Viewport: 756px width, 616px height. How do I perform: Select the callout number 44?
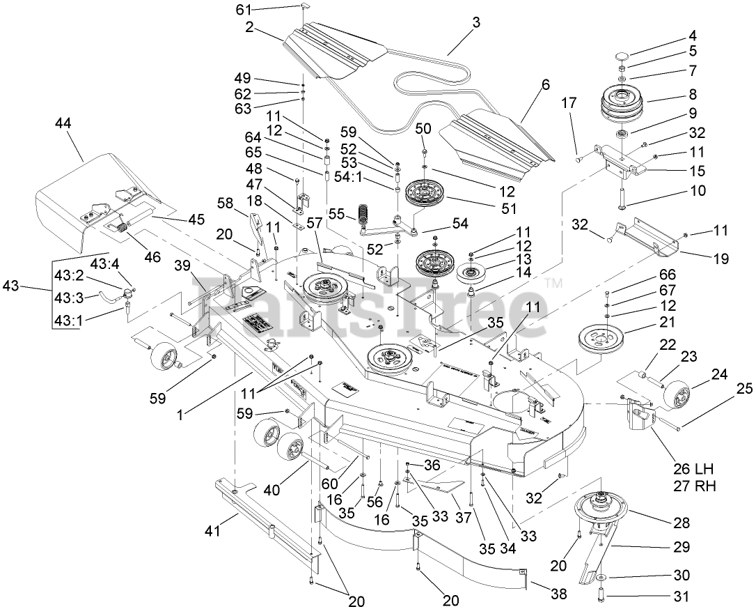click(63, 123)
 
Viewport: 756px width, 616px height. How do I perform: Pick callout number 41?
click(212, 532)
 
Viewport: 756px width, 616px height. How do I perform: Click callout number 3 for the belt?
click(475, 23)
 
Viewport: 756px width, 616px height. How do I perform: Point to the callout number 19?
click(720, 259)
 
